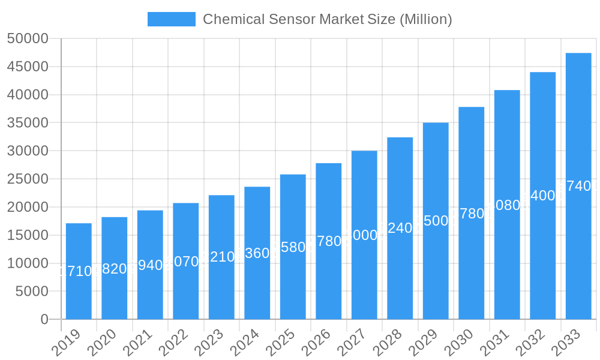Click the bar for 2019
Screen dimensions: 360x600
pos(79,271)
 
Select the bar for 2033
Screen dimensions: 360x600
pos(578,186)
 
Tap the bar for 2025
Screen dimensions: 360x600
pos(293,247)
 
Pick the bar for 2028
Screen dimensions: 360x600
pos(400,228)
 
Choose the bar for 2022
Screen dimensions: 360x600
pos(185,261)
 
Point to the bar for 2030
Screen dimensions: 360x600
pos(471,213)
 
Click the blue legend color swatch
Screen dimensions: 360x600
pos(172,19)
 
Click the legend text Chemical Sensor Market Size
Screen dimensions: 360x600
pos(327,19)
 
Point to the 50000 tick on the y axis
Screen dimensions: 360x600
pos(28,39)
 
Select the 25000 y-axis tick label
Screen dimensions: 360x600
pos(28,179)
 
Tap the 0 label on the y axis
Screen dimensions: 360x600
pos(44,319)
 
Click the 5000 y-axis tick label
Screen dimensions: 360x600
pos(32,292)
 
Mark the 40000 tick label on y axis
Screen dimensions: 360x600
pos(28,95)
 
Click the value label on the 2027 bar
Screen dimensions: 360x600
pos(364,235)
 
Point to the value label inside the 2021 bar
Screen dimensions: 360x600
pos(150,265)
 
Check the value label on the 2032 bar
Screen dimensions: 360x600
pos(542,196)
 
